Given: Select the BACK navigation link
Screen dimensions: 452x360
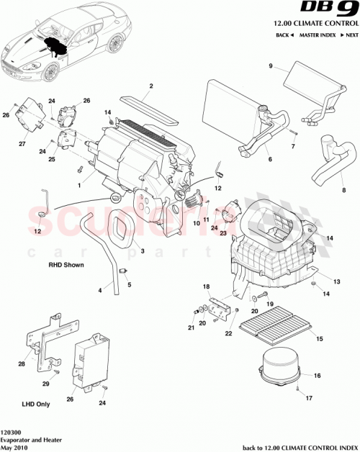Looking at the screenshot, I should click(284, 35).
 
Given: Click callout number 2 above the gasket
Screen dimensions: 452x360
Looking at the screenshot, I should click(152, 86).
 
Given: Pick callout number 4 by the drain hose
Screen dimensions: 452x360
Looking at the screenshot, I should click(100, 290).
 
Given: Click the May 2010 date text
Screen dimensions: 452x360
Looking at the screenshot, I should click(17, 447).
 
